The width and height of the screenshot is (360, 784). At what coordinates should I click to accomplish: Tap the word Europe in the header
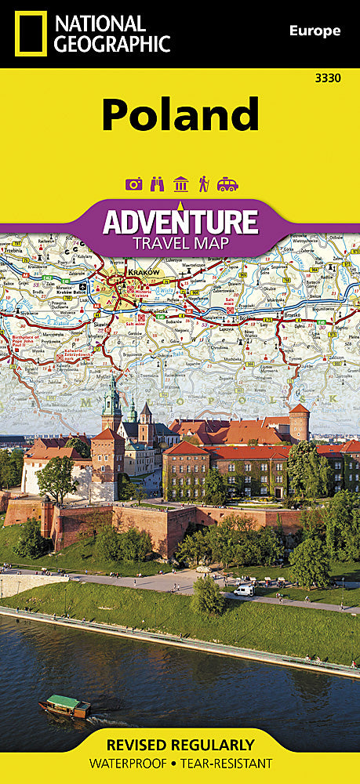(x=315, y=31)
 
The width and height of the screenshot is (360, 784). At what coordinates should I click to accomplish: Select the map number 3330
(x=326, y=78)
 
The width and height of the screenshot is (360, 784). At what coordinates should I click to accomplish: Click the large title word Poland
(x=180, y=115)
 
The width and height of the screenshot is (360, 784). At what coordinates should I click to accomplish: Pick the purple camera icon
(x=133, y=184)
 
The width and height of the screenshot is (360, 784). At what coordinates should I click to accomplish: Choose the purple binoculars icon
(x=157, y=184)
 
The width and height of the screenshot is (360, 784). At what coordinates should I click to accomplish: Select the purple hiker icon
(x=203, y=184)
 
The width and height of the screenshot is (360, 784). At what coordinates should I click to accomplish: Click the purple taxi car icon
(x=227, y=184)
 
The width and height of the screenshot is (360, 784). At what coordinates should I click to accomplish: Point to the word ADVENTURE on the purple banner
(x=180, y=221)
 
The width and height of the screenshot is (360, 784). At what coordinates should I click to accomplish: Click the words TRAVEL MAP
(x=180, y=243)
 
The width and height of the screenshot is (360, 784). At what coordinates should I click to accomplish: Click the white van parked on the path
(x=244, y=590)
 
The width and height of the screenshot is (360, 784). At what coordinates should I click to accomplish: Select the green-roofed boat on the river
(x=68, y=703)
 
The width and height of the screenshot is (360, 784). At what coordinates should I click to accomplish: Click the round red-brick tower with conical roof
(x=299, y=423)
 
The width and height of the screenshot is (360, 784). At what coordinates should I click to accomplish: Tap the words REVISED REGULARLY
(x=180, y=745)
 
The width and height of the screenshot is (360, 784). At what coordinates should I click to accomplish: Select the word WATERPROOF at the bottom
(x=131, y=763)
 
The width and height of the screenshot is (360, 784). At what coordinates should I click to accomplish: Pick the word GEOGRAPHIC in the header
(x=112, y=43)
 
